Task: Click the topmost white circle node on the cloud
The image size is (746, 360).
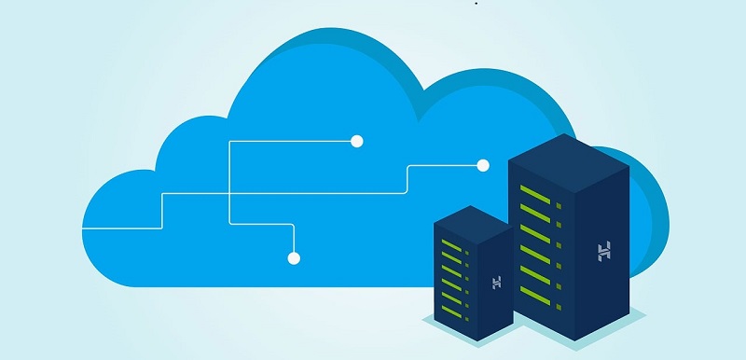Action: point(356,142)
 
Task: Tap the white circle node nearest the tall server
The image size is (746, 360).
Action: point(483,166)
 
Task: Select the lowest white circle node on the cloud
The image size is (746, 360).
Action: point(294,257)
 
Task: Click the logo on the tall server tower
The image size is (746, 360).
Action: point(604,250)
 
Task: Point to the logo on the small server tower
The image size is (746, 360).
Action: point(496,282)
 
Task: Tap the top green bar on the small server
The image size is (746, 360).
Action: point(451,241)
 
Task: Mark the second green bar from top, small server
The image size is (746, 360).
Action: point(451,255)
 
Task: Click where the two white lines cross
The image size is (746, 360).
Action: point(229,193)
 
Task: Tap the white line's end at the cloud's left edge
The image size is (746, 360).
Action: point(85,228)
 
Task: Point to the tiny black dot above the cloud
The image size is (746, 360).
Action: point(476,4)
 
